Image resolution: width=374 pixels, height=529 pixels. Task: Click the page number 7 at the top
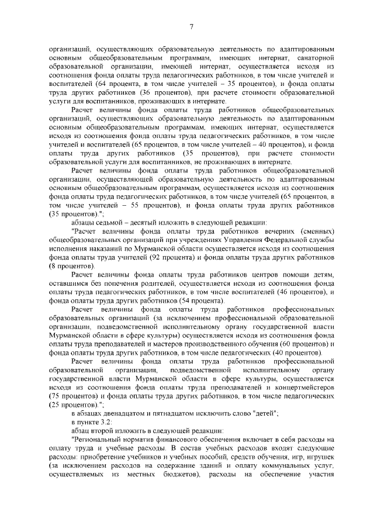pos(191,26)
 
